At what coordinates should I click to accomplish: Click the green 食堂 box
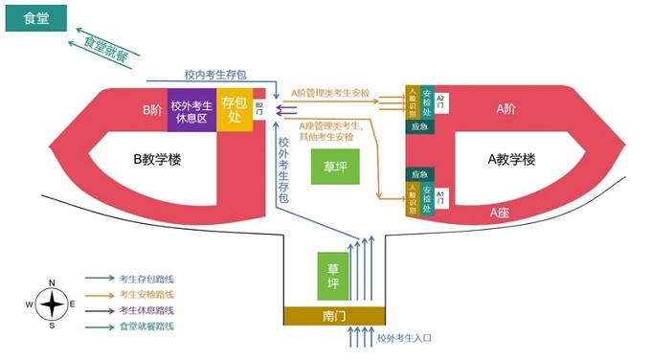(x=30, y=17)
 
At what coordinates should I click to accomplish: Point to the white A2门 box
(x=441, y=102)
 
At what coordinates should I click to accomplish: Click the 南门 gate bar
(x=334, y=315)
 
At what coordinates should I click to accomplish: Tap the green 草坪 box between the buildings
(x=335, y=166)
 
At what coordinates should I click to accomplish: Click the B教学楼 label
(x=157, y=160)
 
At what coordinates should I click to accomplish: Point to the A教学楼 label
(x=511, y=160)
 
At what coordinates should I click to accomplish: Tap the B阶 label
(x=152, y=110)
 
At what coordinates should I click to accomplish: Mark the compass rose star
(x=52, y=304)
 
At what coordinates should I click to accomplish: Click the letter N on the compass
(x=52, y=282)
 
